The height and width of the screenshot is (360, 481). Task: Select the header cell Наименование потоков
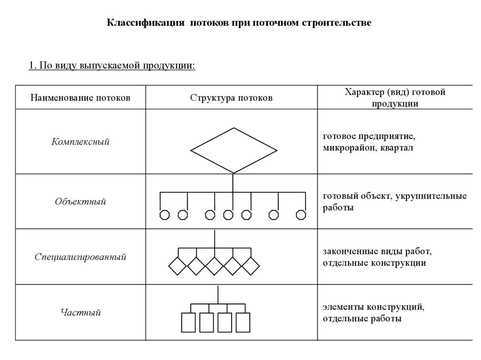(x=80, y=98)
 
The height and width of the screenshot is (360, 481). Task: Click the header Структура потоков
(x=231, y=98)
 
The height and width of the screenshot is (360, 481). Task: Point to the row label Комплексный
(x=80, y=141)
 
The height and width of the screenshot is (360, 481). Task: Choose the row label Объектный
(x=80, y=202)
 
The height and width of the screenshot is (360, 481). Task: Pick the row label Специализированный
(x=80, y=257)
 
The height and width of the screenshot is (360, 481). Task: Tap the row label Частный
(x=80, y=312)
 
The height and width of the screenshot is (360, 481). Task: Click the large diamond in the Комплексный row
(x=233, y=151)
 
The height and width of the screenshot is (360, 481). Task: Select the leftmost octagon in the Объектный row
(x=164, y=215)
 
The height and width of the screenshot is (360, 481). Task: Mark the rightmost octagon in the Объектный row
(x=301, y=215)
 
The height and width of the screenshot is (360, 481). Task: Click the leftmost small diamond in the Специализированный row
(x=178, y=266)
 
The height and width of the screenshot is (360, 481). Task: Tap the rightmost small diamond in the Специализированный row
(x=250, y=266)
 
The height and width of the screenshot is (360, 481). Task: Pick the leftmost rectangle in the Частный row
(x=188, y=322)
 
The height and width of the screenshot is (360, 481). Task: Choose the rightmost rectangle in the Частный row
(x=243, y=322)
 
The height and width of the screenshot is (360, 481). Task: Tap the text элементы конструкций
(x=373, y=307)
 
